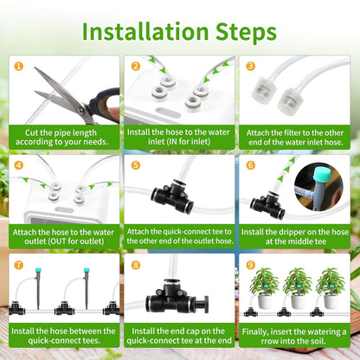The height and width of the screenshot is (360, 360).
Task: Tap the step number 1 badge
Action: coord(17,66)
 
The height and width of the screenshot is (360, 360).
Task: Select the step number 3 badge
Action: coord(250,66)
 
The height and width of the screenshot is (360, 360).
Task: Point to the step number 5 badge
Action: coord(134,164)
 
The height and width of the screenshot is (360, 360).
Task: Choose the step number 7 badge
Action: coord(17,262)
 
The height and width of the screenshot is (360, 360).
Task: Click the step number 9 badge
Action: coord(250,262)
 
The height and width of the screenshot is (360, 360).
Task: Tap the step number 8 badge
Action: coord(134,262)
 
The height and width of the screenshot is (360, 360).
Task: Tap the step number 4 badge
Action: coord(17,164)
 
